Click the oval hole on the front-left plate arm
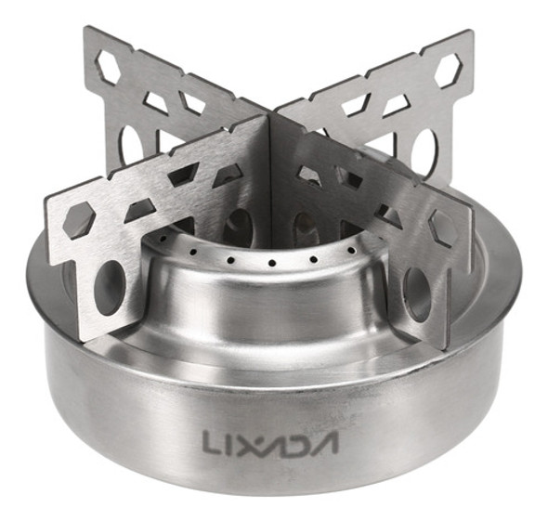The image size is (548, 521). click(110, 286)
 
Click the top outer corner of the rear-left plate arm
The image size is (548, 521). click(87, 31)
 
